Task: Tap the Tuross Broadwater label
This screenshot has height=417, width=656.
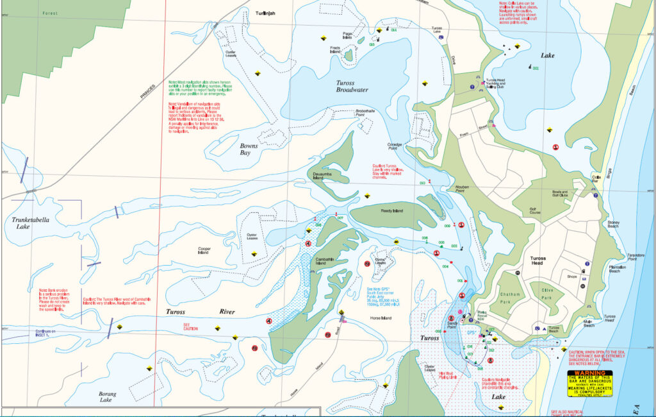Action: (x=352, y=86)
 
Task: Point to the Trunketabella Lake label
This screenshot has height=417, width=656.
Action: (x=30, y=223)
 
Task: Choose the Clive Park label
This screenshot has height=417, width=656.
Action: (x=546, y=294)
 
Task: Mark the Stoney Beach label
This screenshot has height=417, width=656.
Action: (x=613, y=223)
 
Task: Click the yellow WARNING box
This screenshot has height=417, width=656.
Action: (x=589, y=384)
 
